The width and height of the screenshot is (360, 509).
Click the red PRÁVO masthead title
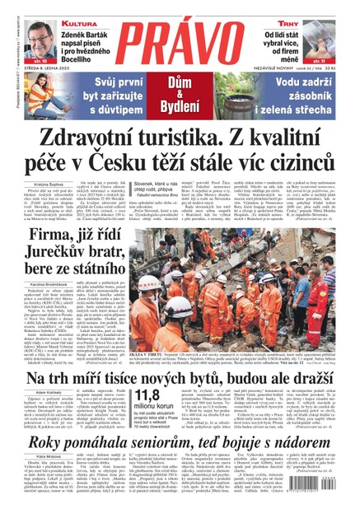click(180, 33)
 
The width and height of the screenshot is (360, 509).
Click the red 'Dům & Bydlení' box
click(180, 97)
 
